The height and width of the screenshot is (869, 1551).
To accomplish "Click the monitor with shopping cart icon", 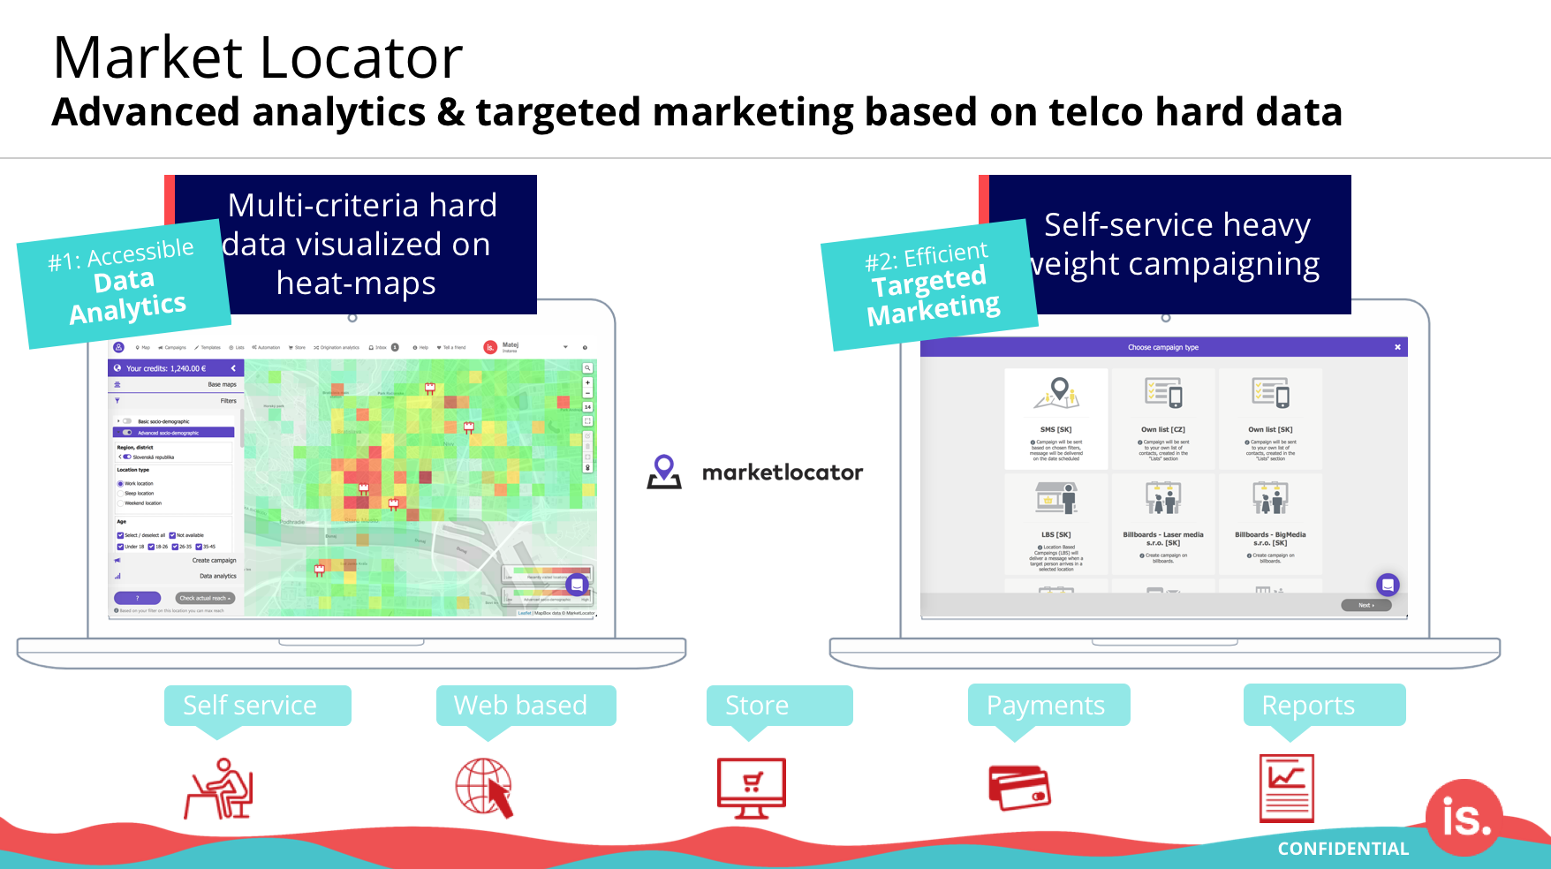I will click(751, 788).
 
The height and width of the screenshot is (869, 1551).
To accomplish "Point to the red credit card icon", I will click(1019, 787).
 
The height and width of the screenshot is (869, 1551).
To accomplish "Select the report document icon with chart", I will click(1286, 788).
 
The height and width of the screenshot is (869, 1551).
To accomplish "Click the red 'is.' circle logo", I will click(1464, 818).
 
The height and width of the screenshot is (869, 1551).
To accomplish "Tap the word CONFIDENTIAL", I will click(1343, 849).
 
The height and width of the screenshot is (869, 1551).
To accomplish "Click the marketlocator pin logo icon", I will click(664, 472).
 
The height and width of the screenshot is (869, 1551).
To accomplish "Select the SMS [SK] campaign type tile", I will click(1055, 418).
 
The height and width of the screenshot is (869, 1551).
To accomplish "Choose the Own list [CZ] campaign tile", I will click(1163, 418).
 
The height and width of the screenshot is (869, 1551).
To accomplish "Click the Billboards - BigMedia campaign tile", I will click(1270, 523).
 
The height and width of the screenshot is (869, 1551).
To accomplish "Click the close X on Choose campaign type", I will click(1397, 347).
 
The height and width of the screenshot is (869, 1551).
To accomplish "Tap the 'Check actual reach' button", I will click(205, 598).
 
